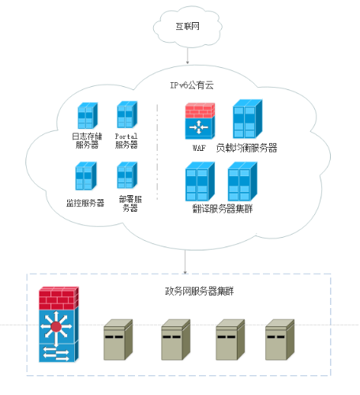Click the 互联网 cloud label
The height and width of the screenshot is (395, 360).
click(x=188, y=26)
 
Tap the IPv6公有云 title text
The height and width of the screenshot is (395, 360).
click(x=192, y=85)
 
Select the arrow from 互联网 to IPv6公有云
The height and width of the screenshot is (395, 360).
click(x=188, y=55)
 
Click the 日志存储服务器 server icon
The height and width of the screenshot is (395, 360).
click(x=88, y=115)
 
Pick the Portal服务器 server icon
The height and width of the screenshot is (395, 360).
click(x=127, y=115)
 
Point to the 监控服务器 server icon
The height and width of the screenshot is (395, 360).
click(x=86, y=175)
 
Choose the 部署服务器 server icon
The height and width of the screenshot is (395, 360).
click(x=127, y=175)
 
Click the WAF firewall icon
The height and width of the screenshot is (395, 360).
click(x=200, y=121)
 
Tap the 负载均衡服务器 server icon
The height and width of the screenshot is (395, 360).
click(x=248, y=118)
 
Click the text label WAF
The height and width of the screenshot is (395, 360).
click(x=199, y=148)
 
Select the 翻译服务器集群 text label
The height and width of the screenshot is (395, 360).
click(x=223, y=209)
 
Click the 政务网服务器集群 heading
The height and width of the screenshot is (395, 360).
click(x=199, y=292)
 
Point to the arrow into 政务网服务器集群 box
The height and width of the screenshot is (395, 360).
click(x=185, y=261)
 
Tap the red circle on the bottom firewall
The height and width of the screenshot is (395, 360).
click(x=56, y=327)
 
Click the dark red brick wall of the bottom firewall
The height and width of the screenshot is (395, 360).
click(x=59, y=298)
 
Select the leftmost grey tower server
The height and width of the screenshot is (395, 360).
click(x=118, y=340)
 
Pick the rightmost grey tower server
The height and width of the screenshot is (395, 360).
click(x=279, y=340)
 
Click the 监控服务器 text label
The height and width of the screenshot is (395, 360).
click(x=85, y=203)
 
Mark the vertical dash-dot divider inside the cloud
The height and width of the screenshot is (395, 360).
click(x=157, y=152)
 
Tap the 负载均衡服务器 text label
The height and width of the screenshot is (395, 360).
click(x=246, y=148)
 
